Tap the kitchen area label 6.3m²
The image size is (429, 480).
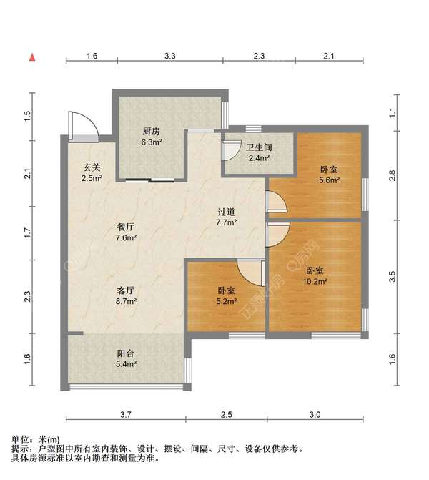click(151, 142)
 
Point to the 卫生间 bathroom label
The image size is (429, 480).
click(257, 148)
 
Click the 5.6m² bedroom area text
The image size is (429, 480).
click(328, 180)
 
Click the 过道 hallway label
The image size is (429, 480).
click(227, 212)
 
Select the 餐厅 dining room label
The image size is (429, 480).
click(126, 227)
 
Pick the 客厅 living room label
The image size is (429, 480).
click(126, 290)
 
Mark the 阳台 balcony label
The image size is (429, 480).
click(126, 353)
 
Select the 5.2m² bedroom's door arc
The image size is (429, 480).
click(250, 270)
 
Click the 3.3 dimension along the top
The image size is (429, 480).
click(170, 55)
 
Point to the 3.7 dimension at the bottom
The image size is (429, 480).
click(126, 414)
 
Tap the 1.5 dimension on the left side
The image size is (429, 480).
click(27, 115)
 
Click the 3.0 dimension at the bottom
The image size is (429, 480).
click(315, 414)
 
